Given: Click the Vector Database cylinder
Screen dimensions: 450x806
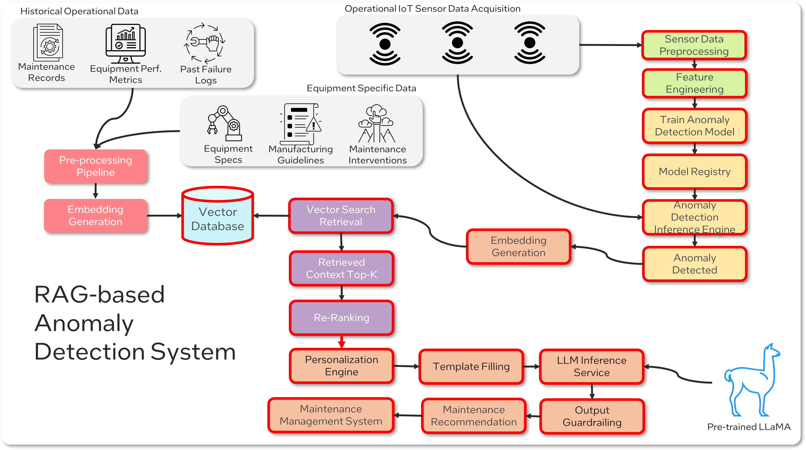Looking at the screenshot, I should [217, 216].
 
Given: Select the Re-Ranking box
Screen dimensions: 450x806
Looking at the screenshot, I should [341, 318].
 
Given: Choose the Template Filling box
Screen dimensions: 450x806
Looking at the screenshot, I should [471, 366].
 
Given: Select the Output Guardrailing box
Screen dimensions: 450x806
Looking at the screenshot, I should [592, 416].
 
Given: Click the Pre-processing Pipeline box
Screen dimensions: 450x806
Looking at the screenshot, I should [96, 166].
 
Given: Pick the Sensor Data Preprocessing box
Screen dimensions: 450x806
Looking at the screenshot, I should [694, 45].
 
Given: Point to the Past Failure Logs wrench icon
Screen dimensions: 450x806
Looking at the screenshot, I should [205, 43].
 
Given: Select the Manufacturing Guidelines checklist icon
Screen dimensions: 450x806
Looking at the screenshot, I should [300, 124].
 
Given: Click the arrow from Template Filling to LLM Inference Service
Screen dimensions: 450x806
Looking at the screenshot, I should [531, 366].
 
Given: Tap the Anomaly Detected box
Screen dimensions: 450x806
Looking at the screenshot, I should [694, 264].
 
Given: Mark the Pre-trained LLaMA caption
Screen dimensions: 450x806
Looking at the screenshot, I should [749, 427].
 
